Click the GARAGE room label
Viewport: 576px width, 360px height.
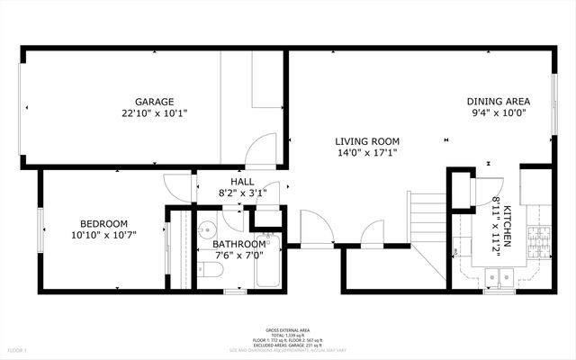point(155,102)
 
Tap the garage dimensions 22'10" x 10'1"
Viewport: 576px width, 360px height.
point(155,114)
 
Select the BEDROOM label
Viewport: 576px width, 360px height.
point(104,224)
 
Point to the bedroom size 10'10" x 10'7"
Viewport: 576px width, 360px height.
point(104,237)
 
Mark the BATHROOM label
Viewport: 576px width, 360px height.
point(238,244)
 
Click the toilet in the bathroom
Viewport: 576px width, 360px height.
point(211,270)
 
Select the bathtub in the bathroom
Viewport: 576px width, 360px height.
point(268,267)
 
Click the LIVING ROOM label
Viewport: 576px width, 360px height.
point(367,141)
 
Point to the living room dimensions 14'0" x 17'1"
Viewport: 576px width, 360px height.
point(367,154)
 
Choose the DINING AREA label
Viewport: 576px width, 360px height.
point(498,102)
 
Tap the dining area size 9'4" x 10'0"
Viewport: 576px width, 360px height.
point(498,114)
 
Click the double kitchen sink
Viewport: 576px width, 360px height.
point(498,275)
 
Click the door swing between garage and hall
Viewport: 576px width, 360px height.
point(263,149)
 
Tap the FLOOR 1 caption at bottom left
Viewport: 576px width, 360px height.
point(18,349)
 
